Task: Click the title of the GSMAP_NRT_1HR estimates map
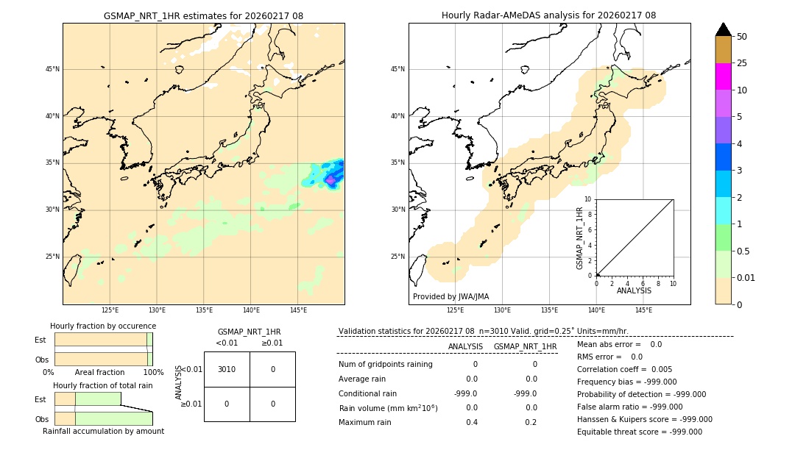[x=203, y=15]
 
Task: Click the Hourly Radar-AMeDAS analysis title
[x=548, y=15]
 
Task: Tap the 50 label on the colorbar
[x=742, y=37]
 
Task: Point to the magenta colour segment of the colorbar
[x=723, y=76]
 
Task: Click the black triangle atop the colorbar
[x=723, y=29]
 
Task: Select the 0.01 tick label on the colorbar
[x=746, y=277]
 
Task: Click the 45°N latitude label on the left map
[x=52, y=69]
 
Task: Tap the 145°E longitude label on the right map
[x=643, y=310]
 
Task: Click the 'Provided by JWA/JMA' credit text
[x=451, y=296]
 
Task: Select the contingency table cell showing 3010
[x=227, y=369]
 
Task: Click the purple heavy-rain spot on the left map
[x=331, y=179]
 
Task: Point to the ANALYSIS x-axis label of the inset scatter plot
[x=634, y=290]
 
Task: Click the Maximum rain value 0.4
[x=471, y=422]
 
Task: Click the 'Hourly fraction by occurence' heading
[x=103, y=326]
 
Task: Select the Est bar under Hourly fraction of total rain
[x=88, y=399]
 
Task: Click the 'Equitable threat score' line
[x=639, y=432]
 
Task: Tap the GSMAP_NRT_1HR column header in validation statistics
[x=525, y=346]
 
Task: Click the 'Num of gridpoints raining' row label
[x=385, y=364]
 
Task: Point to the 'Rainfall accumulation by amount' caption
[x=103, y=431]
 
